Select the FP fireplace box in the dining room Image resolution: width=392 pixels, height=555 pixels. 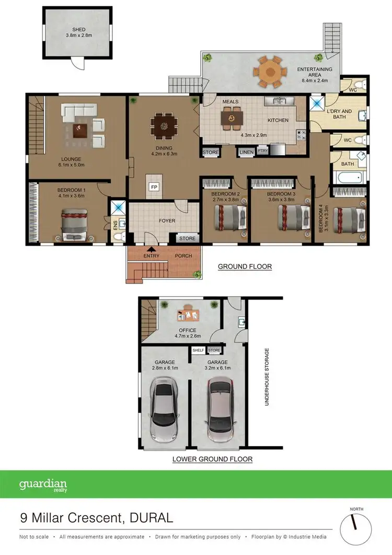pos(154,187)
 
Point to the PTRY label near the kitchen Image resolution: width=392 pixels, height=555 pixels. pos(262,152)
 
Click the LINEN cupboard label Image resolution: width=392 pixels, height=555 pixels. pos(246,152)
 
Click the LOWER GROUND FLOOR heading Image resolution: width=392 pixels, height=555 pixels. pos(213,459)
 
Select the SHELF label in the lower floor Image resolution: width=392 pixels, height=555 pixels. pos(198,350)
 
